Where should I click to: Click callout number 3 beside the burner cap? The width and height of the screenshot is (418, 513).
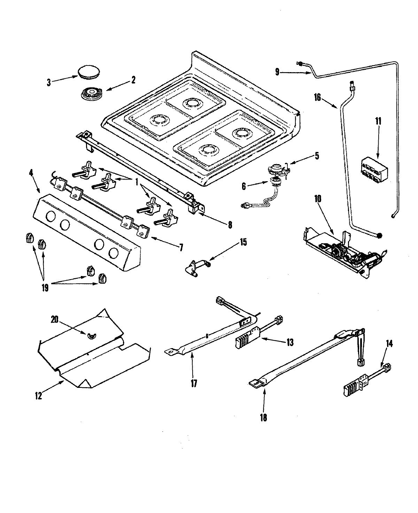pyautogui.click(x=49, y=83)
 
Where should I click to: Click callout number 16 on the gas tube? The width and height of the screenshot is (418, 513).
pyautogui.click(x=317, y=97)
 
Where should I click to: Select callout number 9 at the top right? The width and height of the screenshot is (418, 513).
pyautogui.click(x=277, y=72)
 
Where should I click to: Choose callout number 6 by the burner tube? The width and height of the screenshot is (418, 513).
pyautogui.click(x=244, y=187)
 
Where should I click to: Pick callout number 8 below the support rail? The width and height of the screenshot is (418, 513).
pyautogui.click(x=230, y=225)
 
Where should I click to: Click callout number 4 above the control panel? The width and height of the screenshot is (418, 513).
pyautogui.click(x=32, y=173)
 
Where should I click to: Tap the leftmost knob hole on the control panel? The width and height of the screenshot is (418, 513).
pyautogui.click(x=50, y=217)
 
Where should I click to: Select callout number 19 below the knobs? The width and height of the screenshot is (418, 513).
pyautogui.click(x=45, y=288)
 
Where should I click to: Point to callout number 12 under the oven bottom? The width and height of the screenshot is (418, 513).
pyautogui.click(x=39, y=396)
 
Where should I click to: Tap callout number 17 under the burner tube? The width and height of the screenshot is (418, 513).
pyautogui.click(x=194, y=383)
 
